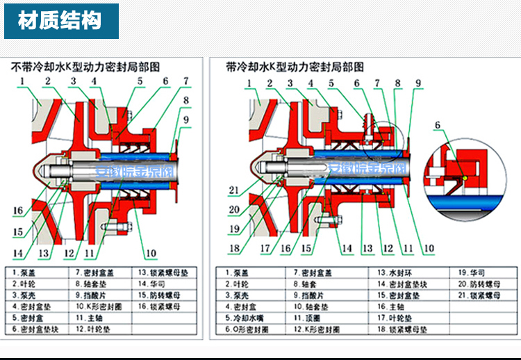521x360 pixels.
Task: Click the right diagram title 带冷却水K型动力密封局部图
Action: pos(295,67)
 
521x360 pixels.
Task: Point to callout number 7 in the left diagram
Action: pos(186,81)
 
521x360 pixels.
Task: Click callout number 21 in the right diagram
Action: pos(233,190)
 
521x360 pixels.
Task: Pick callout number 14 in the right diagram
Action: pos(346,248)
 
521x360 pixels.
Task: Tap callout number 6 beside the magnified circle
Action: pos(438,125)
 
